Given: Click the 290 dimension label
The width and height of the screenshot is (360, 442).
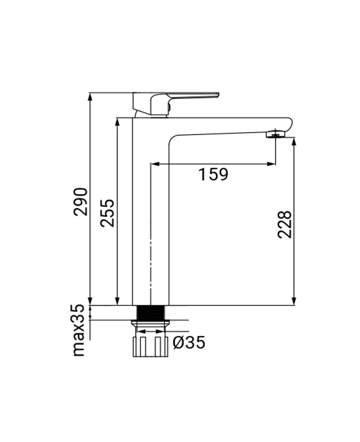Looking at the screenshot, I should (81, 202).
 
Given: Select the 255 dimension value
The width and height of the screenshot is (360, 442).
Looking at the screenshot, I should (107, 213).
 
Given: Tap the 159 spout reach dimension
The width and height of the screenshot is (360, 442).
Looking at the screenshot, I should (213, 175).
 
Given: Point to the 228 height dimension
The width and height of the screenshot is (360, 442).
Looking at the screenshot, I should (285, 225).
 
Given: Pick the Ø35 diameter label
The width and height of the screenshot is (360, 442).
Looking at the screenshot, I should (189, 342).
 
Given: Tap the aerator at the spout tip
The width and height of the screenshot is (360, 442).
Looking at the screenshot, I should (275, 134).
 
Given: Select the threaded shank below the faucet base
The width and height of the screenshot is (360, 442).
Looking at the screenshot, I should (150, 314).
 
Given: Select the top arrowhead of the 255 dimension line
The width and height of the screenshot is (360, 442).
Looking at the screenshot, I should (117, 122).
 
